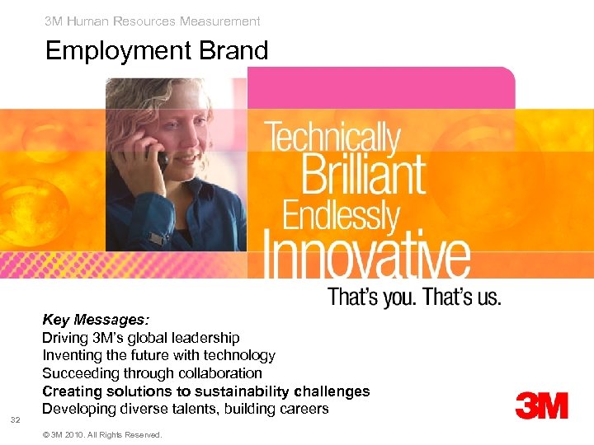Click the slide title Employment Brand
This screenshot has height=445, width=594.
pos(157,51)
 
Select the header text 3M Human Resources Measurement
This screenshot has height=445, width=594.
pos(153,21)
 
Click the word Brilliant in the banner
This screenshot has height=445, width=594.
pos(364,174)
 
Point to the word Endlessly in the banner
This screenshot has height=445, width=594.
pos(341,216)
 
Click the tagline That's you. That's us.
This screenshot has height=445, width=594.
pos(414,297)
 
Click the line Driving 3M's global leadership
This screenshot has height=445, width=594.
pos(141,338)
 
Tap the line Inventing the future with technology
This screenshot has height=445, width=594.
pos(158,355)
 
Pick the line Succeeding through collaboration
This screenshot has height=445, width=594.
pos(152,373)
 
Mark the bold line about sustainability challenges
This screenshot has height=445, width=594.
pos(205,391)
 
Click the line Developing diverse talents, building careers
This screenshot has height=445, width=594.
pos(185,409)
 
